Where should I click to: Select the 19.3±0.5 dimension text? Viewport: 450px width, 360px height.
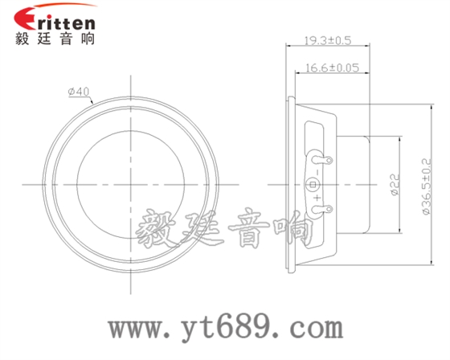(x=327, y=39)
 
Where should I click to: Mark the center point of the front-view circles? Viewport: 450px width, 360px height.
(x=130, y=185)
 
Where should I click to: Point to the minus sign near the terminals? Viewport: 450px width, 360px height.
(x=319, y=170)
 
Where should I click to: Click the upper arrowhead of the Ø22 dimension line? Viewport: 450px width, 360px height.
(x=399, y=139)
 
